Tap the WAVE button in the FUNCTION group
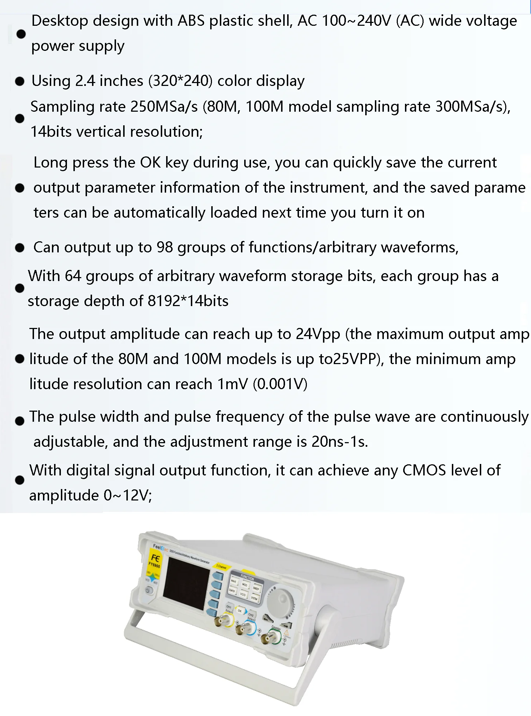[233, 581]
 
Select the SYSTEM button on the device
[254, 598]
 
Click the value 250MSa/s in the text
[164, 107]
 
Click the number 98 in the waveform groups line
[165, 247]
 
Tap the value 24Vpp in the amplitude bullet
[318, 334]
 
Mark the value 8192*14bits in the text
[188, 301]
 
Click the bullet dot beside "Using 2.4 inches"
[20, 82]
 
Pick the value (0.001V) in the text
[280, 384]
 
